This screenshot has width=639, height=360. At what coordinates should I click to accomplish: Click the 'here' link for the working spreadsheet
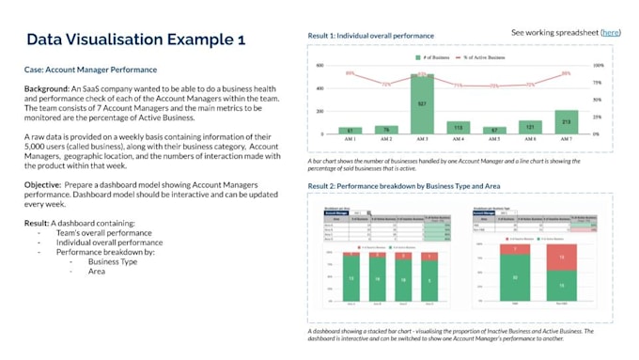point(611,33)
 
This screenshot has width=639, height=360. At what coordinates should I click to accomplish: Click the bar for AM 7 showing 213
point(567,122)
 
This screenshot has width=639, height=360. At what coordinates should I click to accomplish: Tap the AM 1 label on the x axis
point(350,139)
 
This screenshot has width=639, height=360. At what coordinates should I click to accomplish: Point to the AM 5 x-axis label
point(494,139)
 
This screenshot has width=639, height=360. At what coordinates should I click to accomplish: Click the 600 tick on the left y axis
point(320,66)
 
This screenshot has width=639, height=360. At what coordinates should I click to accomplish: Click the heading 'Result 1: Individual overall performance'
point(371,36)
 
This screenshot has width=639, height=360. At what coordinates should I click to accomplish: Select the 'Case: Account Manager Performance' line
point(90,70)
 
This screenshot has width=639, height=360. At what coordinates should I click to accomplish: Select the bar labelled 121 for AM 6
point(530,127)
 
